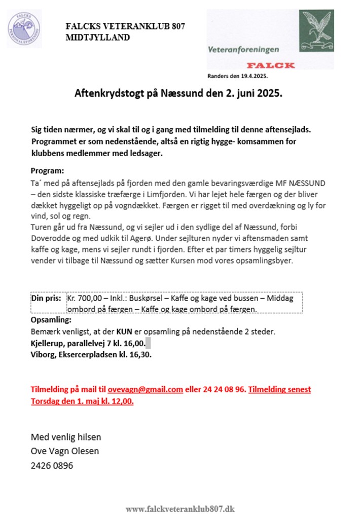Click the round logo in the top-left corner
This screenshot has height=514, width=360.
25,27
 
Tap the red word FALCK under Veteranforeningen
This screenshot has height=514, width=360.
271,65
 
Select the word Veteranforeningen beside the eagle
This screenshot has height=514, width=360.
243,50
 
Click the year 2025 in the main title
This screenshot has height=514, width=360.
269,94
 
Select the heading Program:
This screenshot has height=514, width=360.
48,170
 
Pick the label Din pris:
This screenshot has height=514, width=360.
47,299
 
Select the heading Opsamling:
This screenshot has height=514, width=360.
51,320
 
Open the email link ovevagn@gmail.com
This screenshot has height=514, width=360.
145,389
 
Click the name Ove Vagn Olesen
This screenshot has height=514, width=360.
65,451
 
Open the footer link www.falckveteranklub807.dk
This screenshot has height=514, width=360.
180,508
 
